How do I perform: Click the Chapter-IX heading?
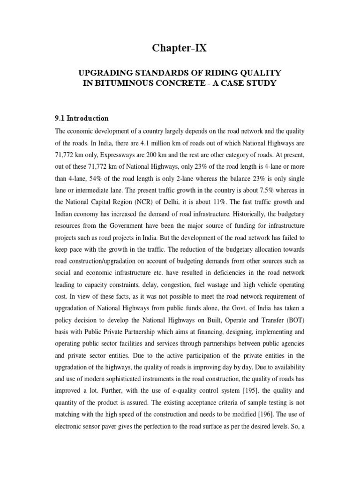pos(180,48)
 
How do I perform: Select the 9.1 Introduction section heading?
pos(82,119)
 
